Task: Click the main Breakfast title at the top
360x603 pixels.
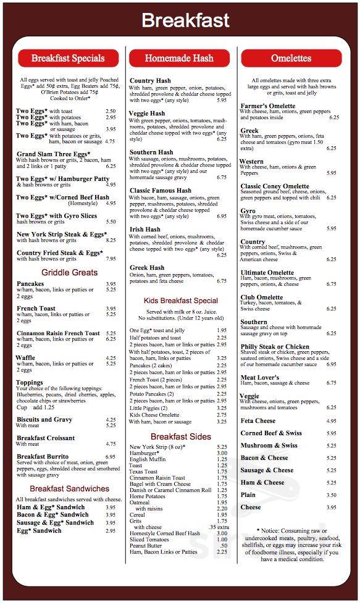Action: pos(185,20)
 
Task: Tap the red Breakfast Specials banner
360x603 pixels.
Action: pos(68,58)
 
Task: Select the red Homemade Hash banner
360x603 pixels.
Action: pos(179,58)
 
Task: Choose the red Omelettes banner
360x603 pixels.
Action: pos(291,58)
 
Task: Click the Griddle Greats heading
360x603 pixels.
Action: pos(69,272)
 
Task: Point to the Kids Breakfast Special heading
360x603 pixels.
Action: pos(180,301)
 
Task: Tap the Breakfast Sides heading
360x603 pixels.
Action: pos(180,436)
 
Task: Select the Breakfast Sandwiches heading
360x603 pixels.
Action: pos(69,489)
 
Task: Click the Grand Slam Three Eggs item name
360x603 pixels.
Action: pos(53,154)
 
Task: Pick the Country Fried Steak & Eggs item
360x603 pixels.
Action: pos(59,253)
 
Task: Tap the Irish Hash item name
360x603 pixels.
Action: pos(145,229)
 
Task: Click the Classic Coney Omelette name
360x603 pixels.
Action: pos(275,186)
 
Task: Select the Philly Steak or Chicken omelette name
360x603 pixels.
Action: pos(275,347)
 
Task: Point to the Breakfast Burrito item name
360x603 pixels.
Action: pos(45,457)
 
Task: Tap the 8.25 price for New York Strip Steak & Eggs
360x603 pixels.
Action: pos(111,240)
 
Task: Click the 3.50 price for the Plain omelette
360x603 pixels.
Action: pos(331,495)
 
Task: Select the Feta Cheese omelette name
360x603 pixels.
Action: pos(258,421)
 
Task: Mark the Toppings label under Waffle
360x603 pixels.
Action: pos(30,383)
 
